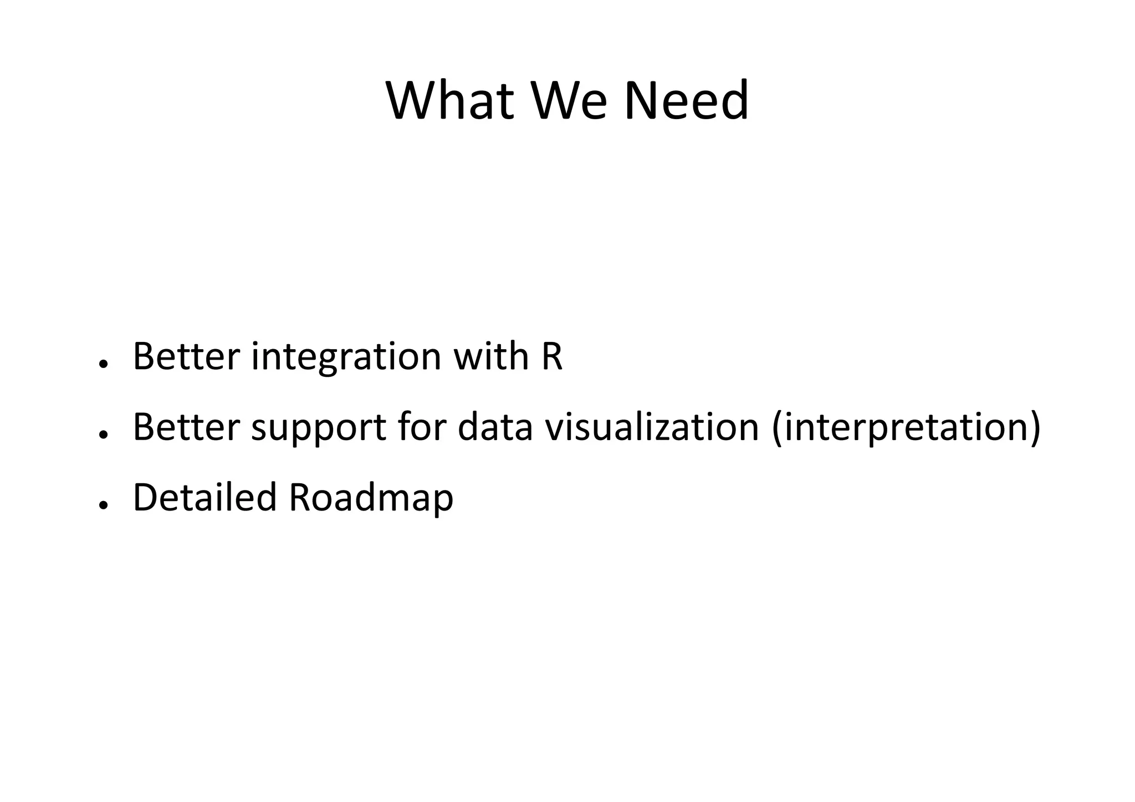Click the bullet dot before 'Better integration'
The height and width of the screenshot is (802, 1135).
coord(103,364)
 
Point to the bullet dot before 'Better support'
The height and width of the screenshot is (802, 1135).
coord(103,435)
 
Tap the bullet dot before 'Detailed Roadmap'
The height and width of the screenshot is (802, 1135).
coord(103,505)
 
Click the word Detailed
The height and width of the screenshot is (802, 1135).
coord(204,497)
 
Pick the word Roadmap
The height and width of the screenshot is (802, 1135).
coord(371,498)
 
